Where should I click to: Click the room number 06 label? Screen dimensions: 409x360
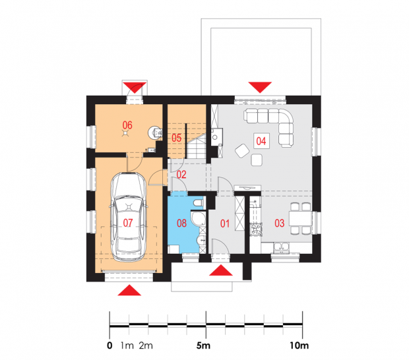tap(127, 125)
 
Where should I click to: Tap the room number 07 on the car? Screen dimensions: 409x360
tap(128, 223)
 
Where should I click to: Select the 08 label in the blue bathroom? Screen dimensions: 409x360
tap(181, 223)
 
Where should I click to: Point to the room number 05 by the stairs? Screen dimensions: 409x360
tap(176, 138)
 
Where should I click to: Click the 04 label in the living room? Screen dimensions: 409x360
tap(261, 141)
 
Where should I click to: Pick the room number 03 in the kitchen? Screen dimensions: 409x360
tap(279, 223)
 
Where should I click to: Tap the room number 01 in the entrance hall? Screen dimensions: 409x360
tap(225, 224)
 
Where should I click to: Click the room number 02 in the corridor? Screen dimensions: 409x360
tap(181, 175)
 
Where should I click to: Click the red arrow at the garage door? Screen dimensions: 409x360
tap(129, 290)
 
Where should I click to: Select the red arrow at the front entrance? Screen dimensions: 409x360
tap(221, 270)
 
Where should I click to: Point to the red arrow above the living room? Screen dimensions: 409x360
tap(260, 87)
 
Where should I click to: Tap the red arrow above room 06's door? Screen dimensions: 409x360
tap(135, 88)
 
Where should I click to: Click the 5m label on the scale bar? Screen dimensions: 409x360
tap(203, 345)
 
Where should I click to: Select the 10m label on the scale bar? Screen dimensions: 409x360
tap(299, 345)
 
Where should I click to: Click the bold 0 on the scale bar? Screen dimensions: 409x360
tap(110, 345)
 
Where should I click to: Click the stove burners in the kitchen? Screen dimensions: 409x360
tap(256, 229)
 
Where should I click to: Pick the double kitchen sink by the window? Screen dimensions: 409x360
tap(281, 247)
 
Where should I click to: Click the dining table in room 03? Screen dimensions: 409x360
tap(300, 219)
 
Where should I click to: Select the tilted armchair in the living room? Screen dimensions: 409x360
tap(242, 151)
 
